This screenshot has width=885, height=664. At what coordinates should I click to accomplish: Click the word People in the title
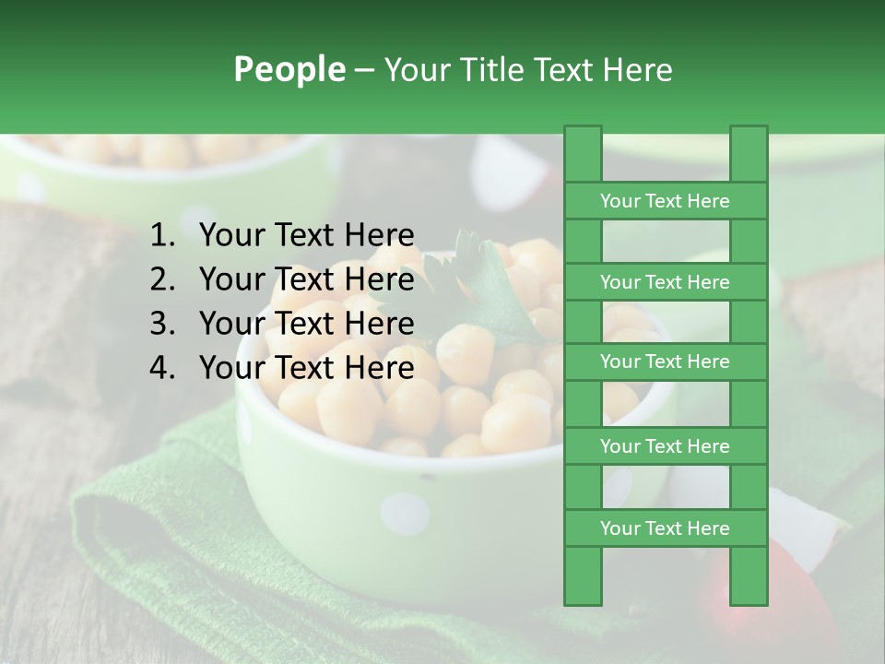click(289, 70)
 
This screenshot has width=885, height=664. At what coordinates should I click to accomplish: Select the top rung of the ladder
click(665, 201)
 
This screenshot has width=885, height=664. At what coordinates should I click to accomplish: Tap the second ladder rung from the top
click(665, 282)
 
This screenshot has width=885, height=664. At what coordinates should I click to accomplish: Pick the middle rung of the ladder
click(665, 362)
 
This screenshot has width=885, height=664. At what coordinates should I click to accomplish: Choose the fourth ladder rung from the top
click(665, 446)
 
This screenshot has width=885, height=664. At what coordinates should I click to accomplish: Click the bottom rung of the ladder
click(665, 528)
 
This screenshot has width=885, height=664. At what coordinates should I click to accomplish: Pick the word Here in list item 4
click(379, 368)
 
